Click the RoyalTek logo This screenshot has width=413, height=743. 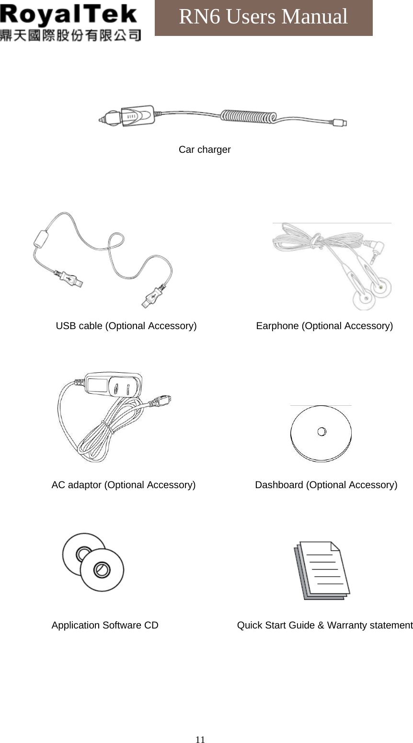tap(70, 22)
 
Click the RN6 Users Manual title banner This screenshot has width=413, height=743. tap(264, 17)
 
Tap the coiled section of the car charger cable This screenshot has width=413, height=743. tap(248, 116)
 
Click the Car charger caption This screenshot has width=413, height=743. tap(205, 149)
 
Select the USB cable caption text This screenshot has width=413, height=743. tap(126, 326)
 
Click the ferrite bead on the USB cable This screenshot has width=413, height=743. tap(42, 238)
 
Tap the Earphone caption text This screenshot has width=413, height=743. tap(324, 326)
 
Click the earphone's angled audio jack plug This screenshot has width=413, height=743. tap(378, 249)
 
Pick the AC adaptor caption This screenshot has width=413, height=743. tap(123, 485)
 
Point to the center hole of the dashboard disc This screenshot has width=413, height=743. tap(322, 432)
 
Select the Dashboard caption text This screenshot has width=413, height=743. tap(326, 485)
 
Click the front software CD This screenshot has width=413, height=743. tap(102, 570)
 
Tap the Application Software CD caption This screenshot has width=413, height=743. tap(105, 625)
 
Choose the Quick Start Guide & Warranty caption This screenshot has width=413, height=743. tap(325, 625)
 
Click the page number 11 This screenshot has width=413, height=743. tap(200, 739)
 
